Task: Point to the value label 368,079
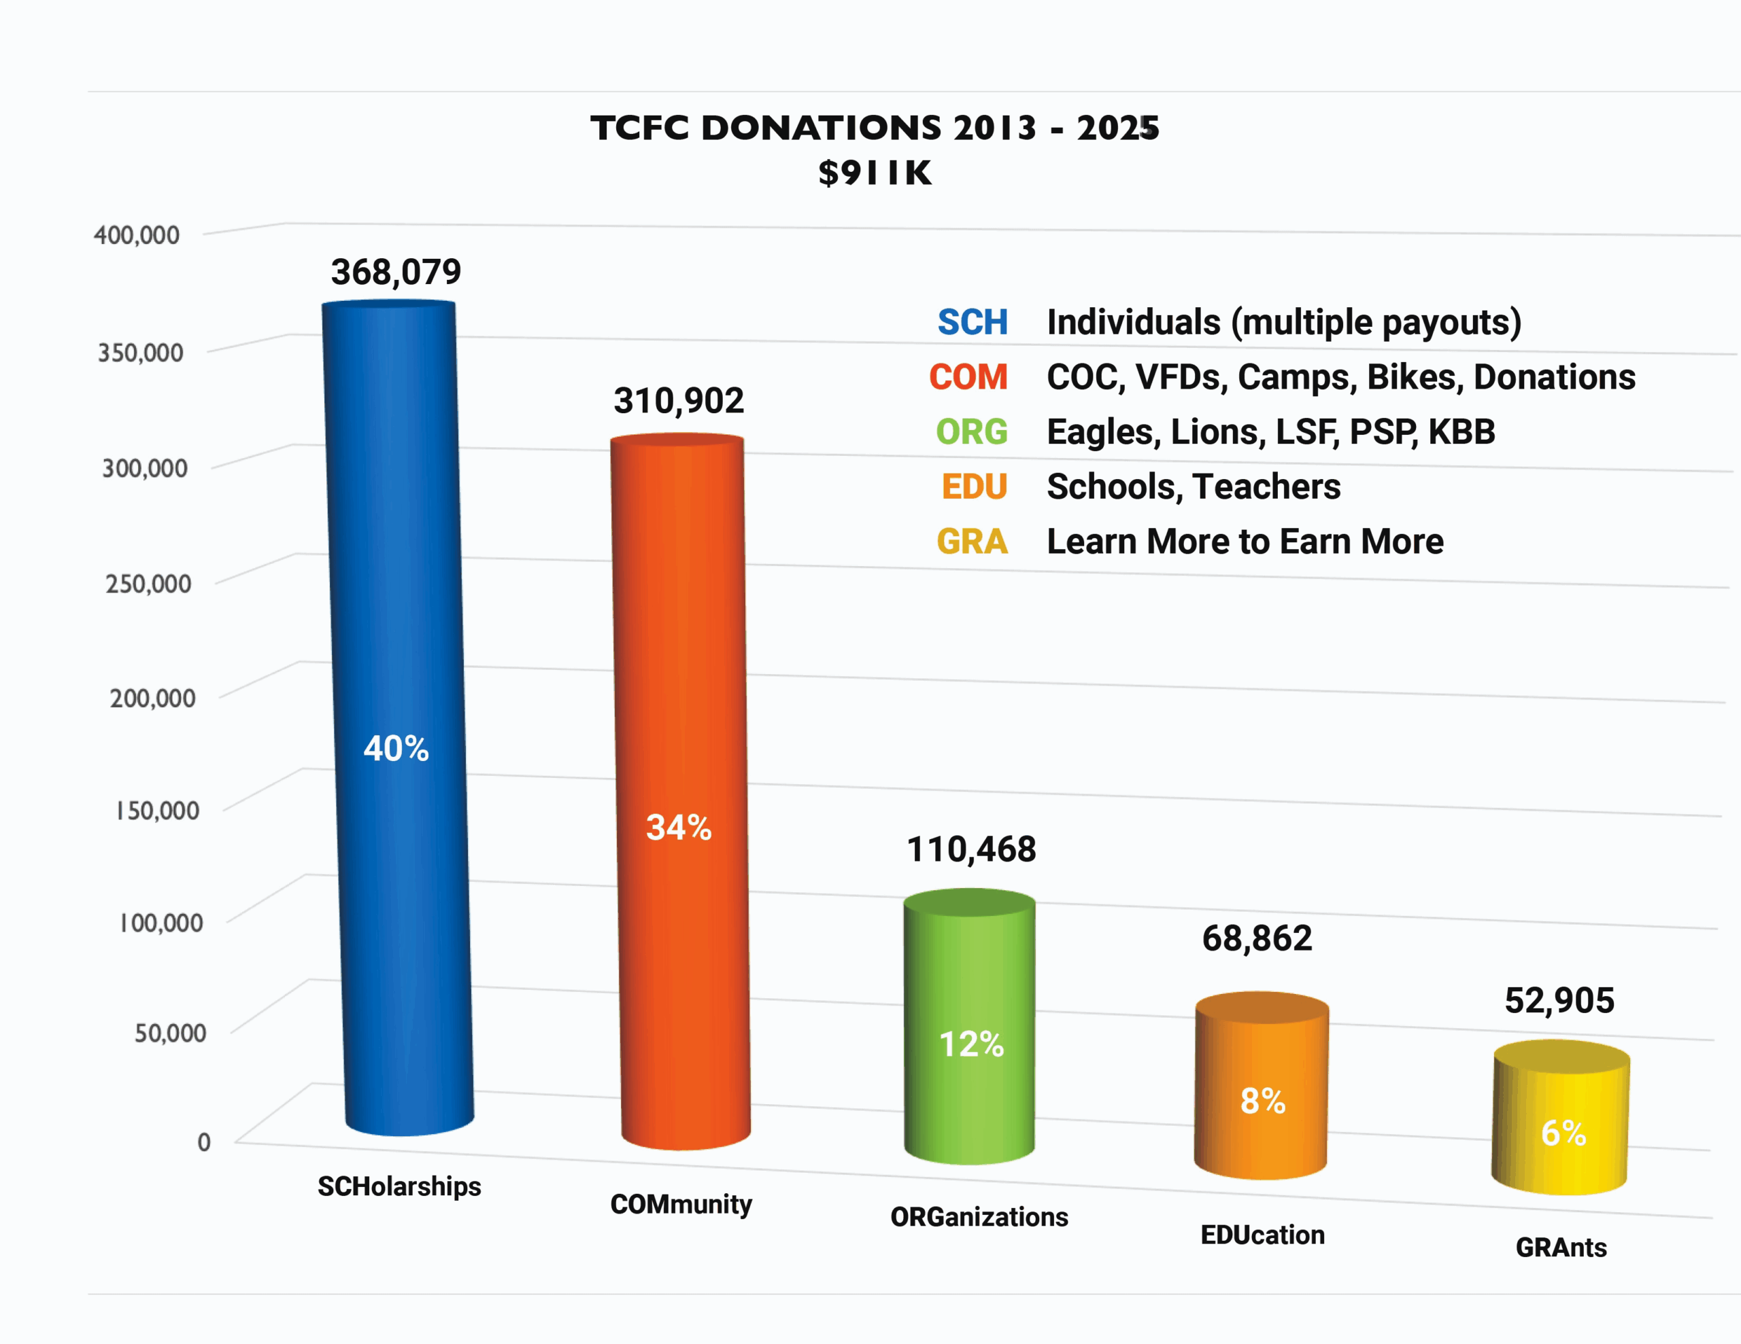pyautogui.click(x=396, y=272)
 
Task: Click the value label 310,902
pyautogui.click(x=679, y=401)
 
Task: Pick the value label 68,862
pyautogui.click(x=1257, y=938)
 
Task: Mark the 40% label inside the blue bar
pyautogui.click(x=396, y=749)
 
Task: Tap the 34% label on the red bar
pyautogui.click(x=679, y=828)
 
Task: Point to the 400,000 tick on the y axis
pyautogui.click(x=136, y=235)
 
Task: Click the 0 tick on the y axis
pyautogui.click(x=204, y=1142)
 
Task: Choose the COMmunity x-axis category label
pyautogui.click(x=681, y=1204)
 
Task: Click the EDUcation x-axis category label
pyautogui.click(x=1263, y=1235)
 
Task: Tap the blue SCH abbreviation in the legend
pyautogui.click(x=973, y=323)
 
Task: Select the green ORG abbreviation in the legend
pyautogui.click(x=972, y=431)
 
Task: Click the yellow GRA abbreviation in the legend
pyautogui.click(x=972, y=542)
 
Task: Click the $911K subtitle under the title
pyautogui.click(x=875, y=173)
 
